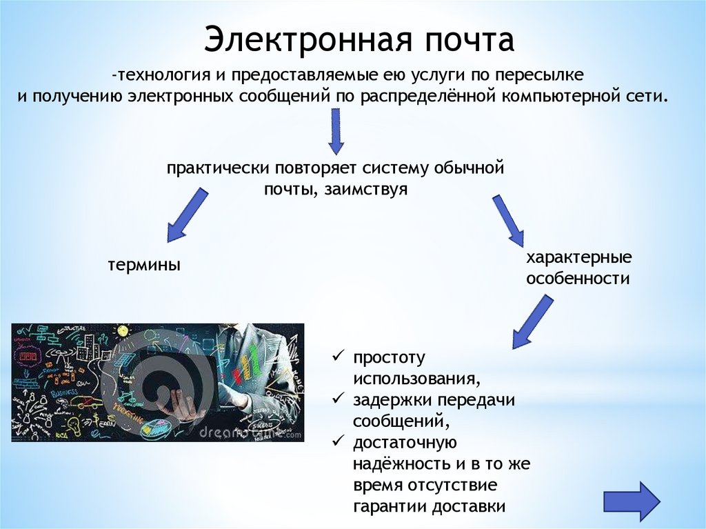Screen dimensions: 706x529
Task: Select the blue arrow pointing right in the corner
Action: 632,500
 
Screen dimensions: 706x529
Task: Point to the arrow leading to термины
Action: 187,216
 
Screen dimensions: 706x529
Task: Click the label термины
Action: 144,264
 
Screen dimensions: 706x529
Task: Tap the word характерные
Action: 579,258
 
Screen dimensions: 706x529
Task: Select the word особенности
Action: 578,279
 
